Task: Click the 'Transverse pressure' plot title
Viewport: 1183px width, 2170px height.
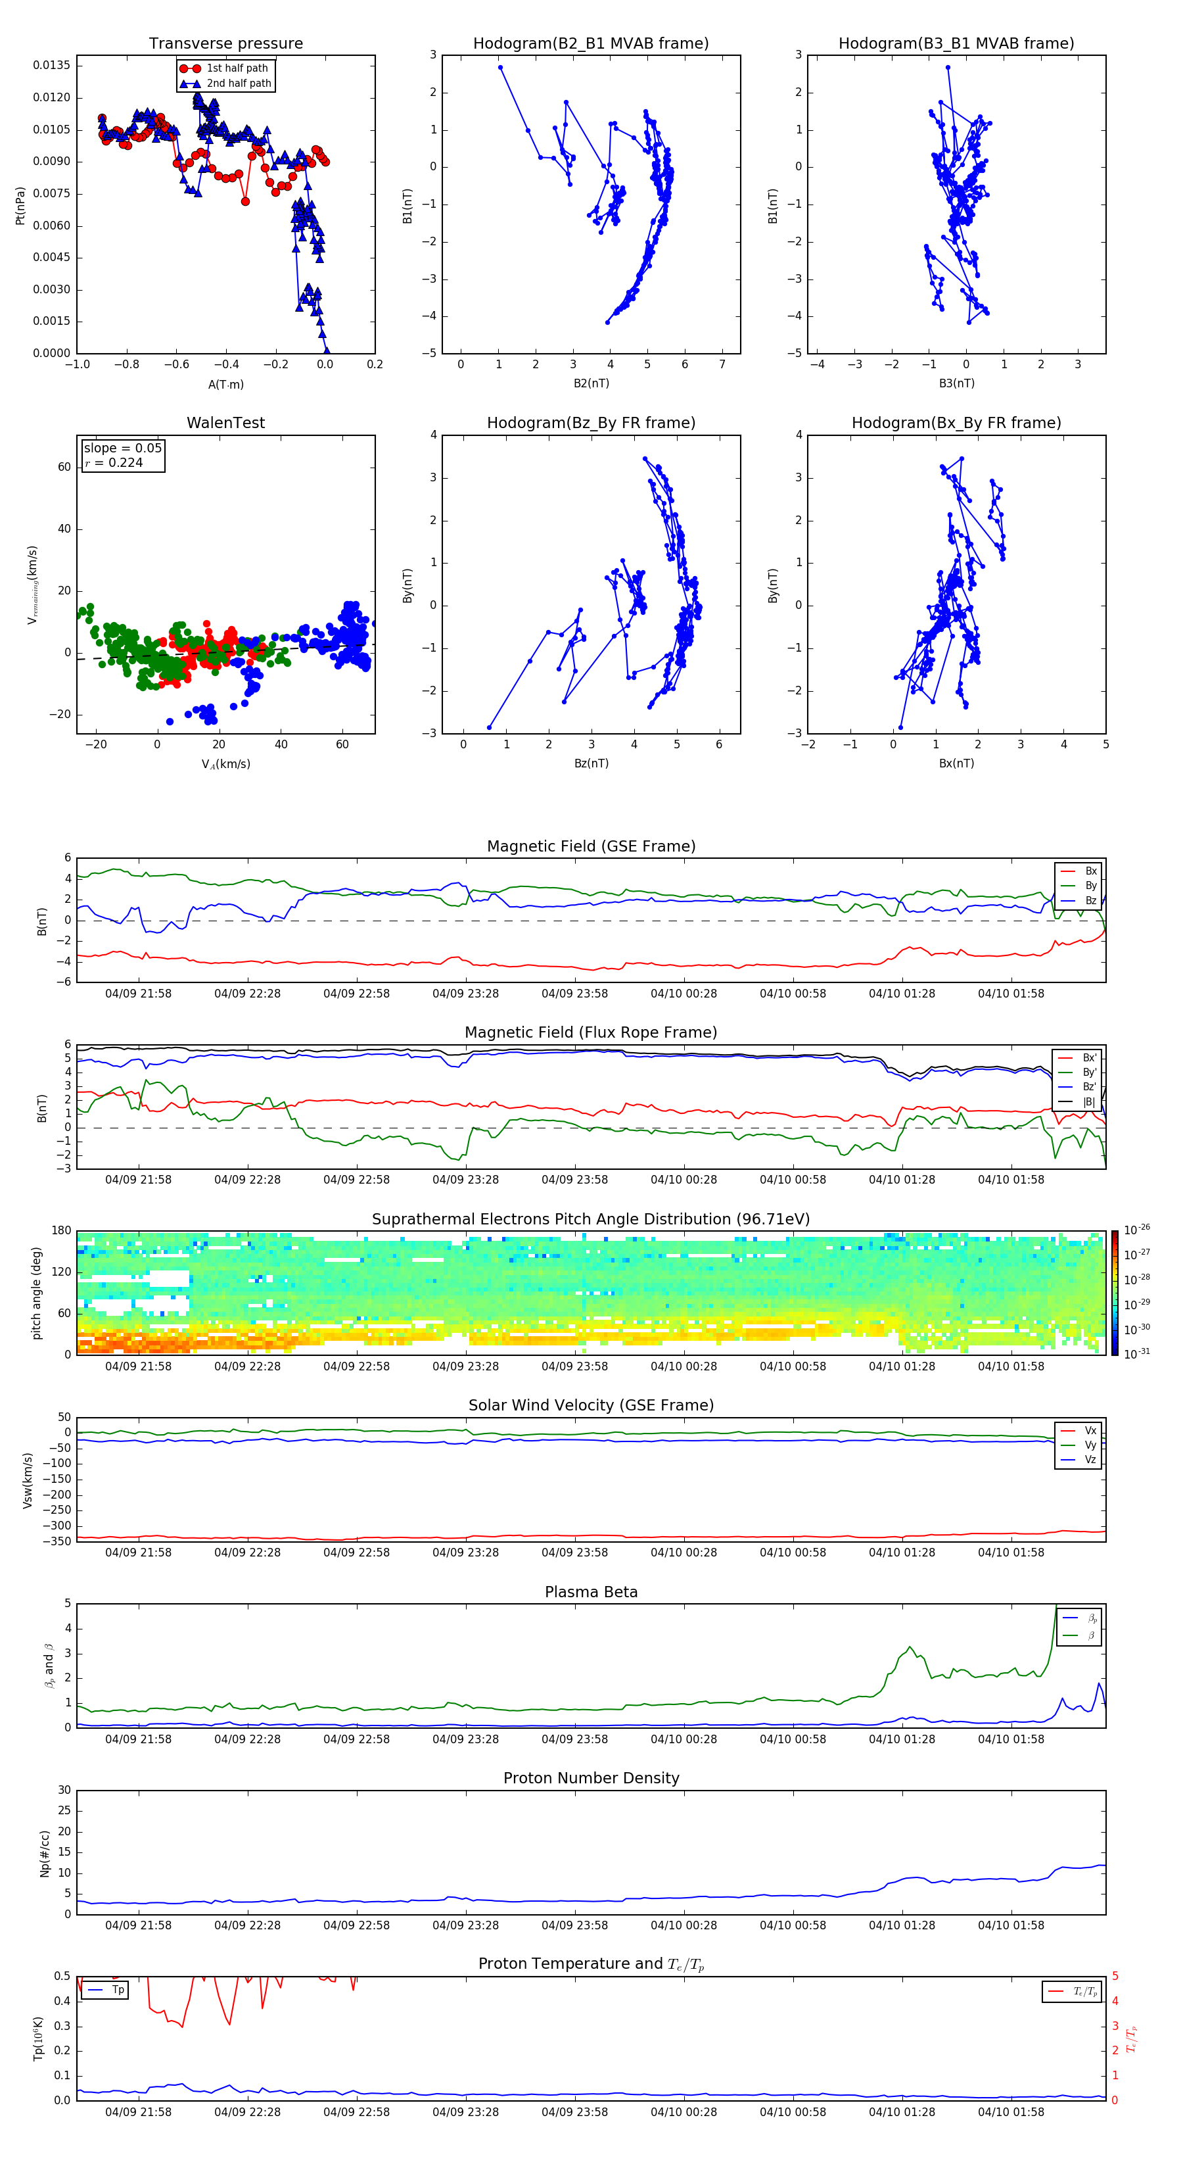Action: coord(225,44)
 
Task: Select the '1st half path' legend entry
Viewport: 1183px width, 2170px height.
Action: coord(237,68)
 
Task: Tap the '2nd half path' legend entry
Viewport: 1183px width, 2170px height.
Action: coord(239,84)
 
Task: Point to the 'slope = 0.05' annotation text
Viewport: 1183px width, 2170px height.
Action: coord(122,448)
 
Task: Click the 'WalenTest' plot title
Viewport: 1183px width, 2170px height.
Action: coord(225,423)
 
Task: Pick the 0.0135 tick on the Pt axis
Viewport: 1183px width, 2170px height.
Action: coord(51,66)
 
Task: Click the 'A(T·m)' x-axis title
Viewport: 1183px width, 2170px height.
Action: coord(225,385)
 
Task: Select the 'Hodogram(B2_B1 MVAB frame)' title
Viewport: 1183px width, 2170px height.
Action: coord(590,44)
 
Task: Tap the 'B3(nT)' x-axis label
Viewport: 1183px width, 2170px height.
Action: coord(956,383)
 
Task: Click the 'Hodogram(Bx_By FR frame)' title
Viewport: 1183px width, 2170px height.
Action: coord(956,423)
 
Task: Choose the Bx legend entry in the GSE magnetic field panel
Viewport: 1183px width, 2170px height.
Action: coord(1090,871)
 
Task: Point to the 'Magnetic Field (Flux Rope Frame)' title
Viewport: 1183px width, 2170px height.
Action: coord(590,1033)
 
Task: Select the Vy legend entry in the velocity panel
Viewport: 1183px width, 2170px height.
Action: coord(1090,1445)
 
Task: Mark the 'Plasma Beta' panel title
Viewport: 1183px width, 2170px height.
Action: coord(590,1592)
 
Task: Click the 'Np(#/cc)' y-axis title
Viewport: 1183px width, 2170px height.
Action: coord(45,1853)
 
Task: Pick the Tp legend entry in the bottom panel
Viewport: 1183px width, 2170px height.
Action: coord(117,1990)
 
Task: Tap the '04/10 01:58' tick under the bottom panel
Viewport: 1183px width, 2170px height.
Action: coord(1010,2112)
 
